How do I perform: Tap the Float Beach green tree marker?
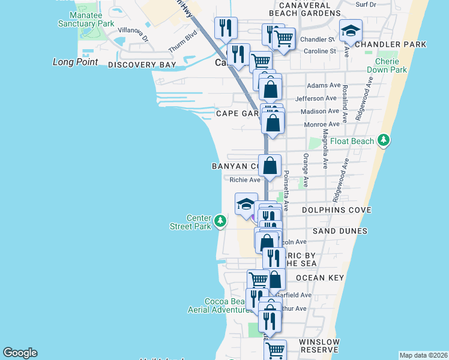384,141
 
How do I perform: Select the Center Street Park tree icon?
221,221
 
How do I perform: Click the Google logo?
20,353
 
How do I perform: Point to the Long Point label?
75,62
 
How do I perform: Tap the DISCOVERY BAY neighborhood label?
142,64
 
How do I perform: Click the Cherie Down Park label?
391,65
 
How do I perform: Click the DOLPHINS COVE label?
337,210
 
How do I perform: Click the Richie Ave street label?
245,179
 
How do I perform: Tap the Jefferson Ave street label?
315,98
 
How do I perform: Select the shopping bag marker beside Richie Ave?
271,166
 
